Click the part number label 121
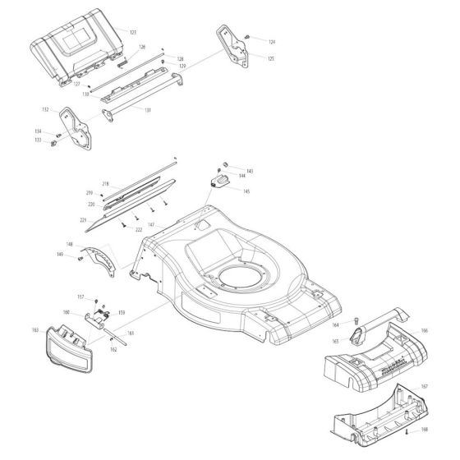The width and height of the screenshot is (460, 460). [x=133, y=30]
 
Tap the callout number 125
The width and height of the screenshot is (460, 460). [x=271, y=58]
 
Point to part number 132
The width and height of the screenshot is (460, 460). [x=46, y=109]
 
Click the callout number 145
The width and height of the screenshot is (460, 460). [x=246, y=191]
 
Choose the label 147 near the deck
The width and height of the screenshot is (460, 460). [x=150, y=223]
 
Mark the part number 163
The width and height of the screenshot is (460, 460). [x=35, y=330]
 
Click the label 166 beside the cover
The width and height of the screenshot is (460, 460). [x=424, y=330]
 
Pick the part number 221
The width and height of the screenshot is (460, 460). [x=84, y=221]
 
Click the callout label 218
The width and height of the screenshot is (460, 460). [x=105, y=183]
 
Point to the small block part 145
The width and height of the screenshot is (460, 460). [x=219, y=182]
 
